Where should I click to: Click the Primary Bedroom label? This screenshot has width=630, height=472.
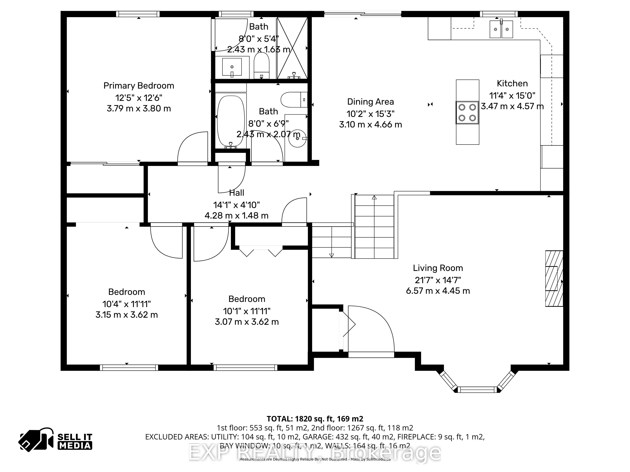point(139,86)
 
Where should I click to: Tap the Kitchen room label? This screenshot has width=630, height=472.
point(512,83)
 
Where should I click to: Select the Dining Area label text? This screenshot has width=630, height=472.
point(371,102)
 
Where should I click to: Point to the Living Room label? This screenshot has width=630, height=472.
point(438,268)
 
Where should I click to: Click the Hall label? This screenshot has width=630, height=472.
point(237,193)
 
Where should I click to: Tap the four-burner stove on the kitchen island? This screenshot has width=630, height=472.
point(467,112)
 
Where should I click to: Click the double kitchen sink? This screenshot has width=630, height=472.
point(501,29)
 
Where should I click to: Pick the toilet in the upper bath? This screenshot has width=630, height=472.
point(261,66)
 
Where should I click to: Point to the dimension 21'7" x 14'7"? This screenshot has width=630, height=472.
point(438,280)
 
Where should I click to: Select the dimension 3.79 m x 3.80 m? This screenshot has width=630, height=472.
point(139,108)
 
